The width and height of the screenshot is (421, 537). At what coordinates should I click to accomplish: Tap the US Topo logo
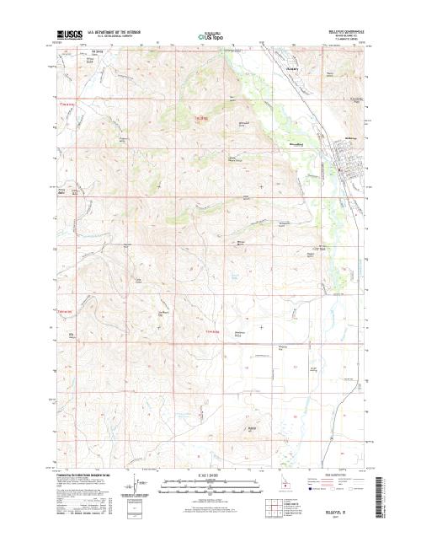210,38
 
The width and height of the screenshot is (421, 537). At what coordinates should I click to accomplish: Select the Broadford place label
296,144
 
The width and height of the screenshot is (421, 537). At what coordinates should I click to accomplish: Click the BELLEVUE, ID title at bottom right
345,510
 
